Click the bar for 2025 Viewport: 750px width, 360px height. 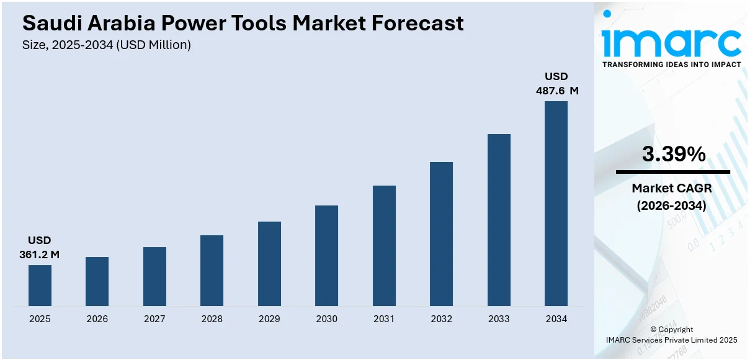tap(40, 286)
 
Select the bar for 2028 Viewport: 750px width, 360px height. tap(212, 271)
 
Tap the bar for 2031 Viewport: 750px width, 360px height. tap(384, 246)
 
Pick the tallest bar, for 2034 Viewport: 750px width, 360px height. tap(556, 204)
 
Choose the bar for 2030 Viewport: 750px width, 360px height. tap(326, 256)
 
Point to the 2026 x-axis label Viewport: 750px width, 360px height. tap(97, 319)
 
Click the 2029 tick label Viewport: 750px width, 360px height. tap(269, 319)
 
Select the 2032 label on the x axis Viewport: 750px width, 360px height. tap(441, 319)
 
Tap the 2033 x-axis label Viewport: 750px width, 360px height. tap(499, 319)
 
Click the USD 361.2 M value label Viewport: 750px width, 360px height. tap(40, 247)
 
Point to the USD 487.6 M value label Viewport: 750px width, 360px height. tap(556, 83)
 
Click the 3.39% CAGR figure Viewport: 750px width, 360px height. tap(673, 155)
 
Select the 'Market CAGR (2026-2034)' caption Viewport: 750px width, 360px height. tap(672, 196)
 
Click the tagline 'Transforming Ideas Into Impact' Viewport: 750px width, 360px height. tap(671, 65)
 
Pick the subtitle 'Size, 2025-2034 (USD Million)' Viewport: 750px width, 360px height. tap(106, 45)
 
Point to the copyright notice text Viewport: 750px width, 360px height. tap(671, 335)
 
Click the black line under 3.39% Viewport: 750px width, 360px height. tap(672, 172)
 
